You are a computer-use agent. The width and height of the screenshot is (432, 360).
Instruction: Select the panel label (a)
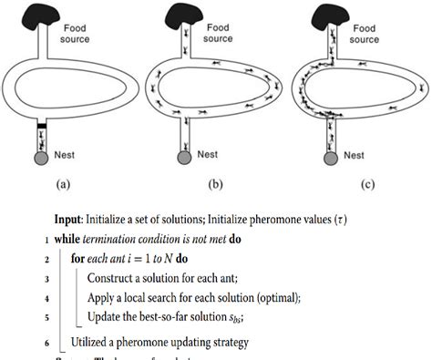tap(62, 184)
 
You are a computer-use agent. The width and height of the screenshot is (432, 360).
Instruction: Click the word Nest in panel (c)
tap(358, 155)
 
